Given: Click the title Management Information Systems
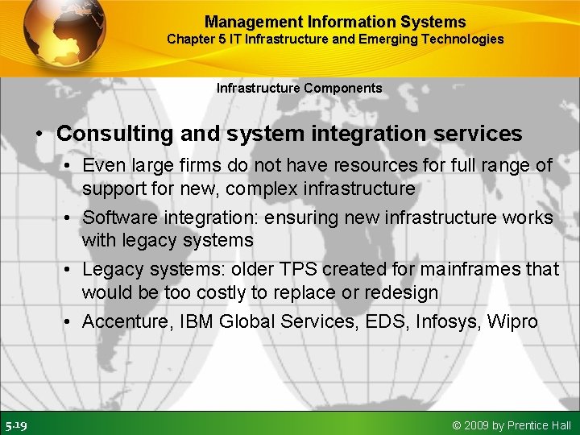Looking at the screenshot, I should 335,22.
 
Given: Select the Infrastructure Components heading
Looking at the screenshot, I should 299,88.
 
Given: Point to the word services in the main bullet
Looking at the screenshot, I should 480,134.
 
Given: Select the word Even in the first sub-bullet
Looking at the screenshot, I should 101,166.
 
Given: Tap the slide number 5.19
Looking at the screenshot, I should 16,425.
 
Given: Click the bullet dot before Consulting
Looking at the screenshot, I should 39,135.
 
